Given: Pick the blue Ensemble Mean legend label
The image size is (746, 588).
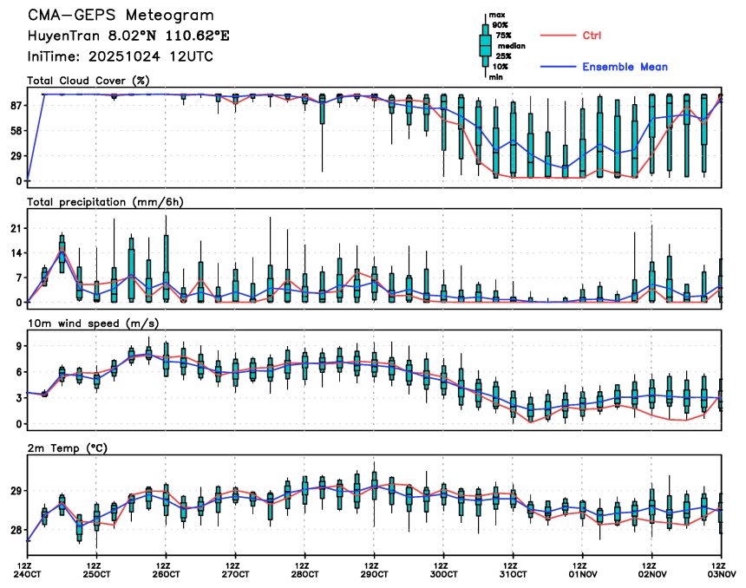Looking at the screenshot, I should [x=625, y=67].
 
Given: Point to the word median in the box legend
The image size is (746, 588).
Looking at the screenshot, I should [x=509, y=46].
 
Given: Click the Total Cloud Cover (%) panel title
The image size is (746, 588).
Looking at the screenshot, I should [x=88, y=81].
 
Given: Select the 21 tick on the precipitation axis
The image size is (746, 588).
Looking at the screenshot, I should [x=15, y=228].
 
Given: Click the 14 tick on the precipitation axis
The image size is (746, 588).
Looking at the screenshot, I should [x=15, y=252].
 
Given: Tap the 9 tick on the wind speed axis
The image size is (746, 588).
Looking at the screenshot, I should [x=17, y=346].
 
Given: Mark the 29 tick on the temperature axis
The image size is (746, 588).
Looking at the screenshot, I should [x=15, y=491].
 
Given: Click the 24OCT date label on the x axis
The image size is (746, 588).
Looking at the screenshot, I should [x=27, y=574].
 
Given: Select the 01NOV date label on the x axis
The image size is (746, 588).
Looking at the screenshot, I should [x=583, y=574].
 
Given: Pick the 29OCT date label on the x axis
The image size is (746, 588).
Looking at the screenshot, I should [x=374, y=574].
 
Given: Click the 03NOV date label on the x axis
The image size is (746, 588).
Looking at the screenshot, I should [x=722, y=574].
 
